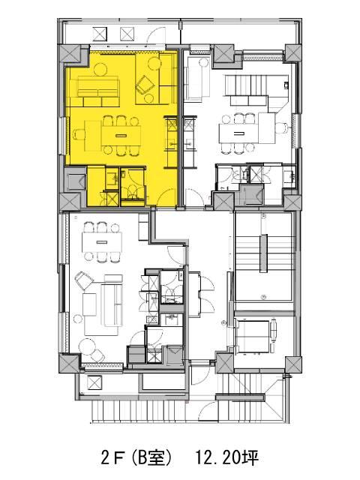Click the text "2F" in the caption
coord(112,458)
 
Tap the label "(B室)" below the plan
coord(151,458)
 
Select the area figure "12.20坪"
coord(226,458)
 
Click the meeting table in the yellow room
coord(121,135)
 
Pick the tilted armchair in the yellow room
coord(145,84)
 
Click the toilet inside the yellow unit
coord(133,191)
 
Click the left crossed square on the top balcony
coord(100,34)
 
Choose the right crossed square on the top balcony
coord(127,34)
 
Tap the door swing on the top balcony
coord(157,35)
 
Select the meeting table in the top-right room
coord(238,133)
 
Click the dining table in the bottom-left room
coord(102,241)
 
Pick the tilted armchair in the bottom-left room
coord(84,280)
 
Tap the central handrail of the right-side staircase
coord(263,253)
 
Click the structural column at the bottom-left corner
coord(69,363)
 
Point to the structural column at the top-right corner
coord(293,53)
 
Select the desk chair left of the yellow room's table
coord(79,135)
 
